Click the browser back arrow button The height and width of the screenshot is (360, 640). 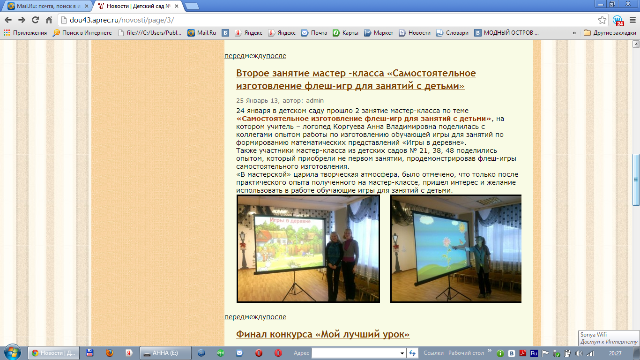(x=8, y=20)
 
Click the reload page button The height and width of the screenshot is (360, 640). (x=35, y=20)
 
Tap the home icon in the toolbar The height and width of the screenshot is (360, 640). (x=49, y=20)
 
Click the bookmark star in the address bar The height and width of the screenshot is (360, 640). (x=602, y=20)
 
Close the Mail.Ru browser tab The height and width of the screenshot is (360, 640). (x=87, y=6)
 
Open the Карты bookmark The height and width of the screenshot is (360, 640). (x=345, y=33)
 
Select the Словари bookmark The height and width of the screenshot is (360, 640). (x=452, y=33)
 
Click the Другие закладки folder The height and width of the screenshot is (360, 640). (x=610, y=33)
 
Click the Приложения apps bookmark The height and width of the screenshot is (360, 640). (x=25, y=33)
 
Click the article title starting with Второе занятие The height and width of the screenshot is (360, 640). (x=356, y=79)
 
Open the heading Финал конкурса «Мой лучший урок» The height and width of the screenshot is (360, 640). (x=323, y=334)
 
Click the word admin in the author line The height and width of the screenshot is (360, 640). (x=315, y=101)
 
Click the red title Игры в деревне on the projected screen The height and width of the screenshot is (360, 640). (x=290, y=221)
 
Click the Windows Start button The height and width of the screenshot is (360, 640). (x=13, y=352)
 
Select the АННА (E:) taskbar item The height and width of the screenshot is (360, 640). (x=165, y=353)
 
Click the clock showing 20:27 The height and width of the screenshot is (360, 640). (x=615, y=353)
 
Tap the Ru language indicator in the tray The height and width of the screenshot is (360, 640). (x=534, y=353)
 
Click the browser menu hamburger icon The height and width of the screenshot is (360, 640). (x=633, y=20)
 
